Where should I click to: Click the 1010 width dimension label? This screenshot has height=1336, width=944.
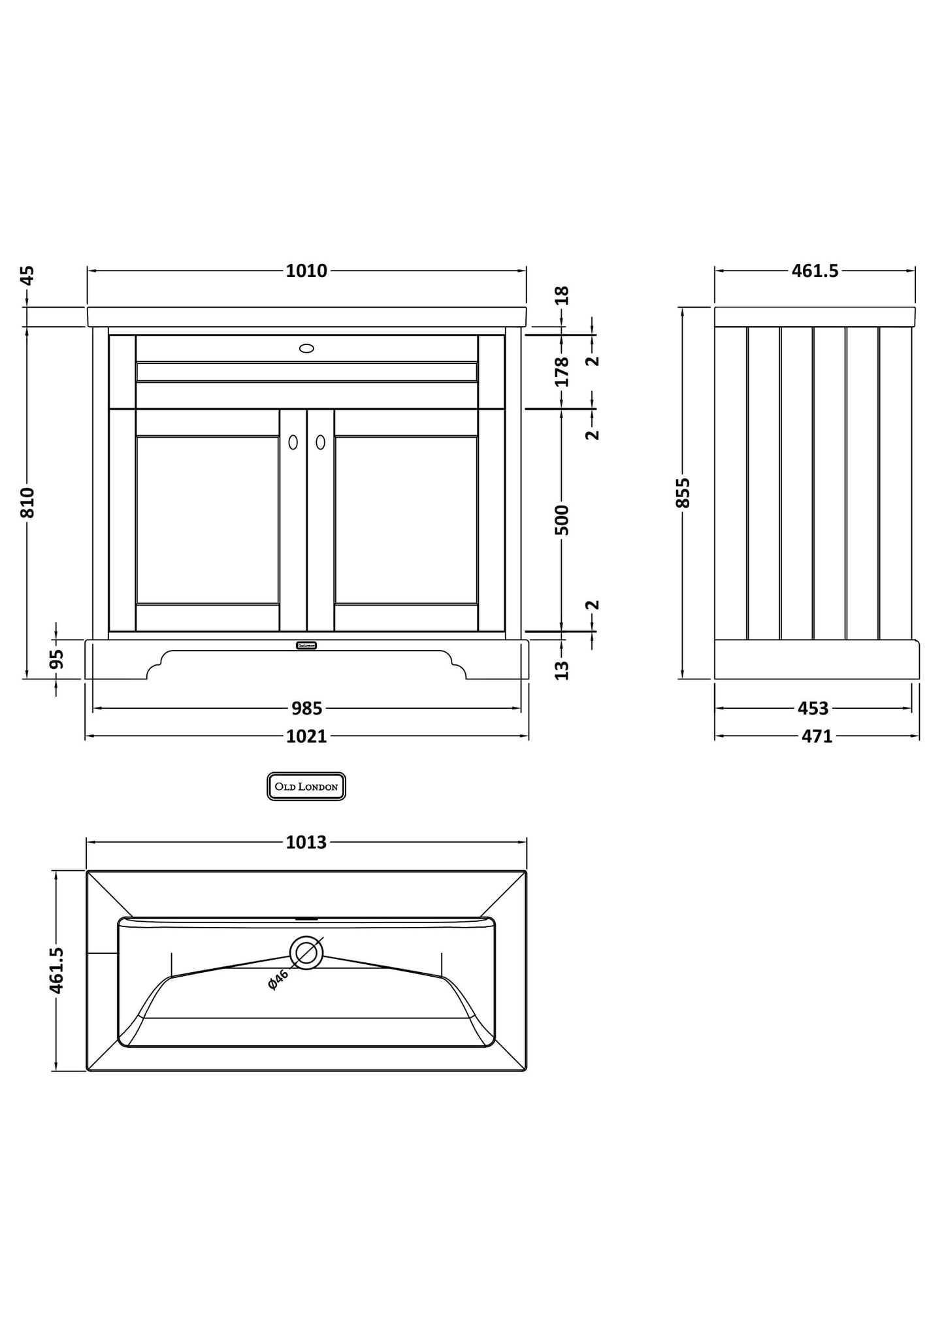306,271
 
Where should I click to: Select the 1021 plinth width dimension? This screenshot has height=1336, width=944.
306,737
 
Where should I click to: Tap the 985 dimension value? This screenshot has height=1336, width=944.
306,708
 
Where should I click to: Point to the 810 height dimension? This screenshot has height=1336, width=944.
27,502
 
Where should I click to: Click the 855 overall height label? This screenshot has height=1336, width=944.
683,493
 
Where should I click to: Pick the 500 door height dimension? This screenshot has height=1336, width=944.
562,520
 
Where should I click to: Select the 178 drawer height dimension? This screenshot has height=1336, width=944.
562,371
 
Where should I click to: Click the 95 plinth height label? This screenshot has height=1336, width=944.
57,659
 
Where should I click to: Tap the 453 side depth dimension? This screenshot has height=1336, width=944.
813,708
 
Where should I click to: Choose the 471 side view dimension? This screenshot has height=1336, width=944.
817,737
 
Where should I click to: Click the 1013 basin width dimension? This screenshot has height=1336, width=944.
306,843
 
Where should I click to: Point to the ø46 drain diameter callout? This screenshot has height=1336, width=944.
278,980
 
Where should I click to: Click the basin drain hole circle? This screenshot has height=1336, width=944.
306,953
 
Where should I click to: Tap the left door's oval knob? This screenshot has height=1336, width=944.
293,442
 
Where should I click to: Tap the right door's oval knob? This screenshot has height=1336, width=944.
320,442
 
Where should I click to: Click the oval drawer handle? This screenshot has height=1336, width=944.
306,348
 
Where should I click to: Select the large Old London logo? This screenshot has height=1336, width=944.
306,787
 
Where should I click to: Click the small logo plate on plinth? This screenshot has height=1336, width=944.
306,645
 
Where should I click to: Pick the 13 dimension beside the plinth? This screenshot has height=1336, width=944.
562,670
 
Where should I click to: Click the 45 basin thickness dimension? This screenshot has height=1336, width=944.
27,275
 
